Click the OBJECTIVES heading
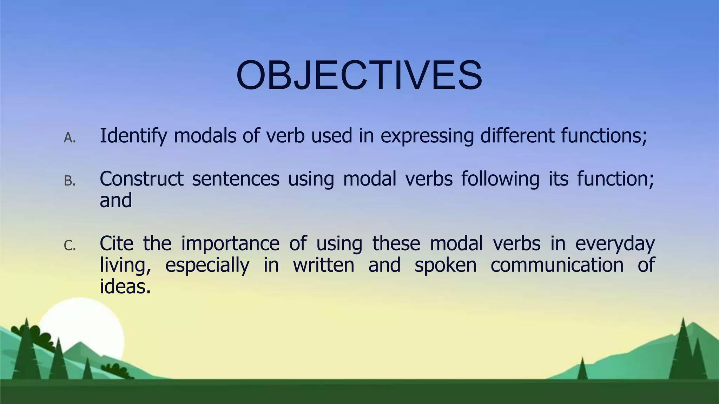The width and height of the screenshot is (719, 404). pos(359,76)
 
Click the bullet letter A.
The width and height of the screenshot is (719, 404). pos(70,138)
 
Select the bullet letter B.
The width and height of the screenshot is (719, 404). pos(70,181)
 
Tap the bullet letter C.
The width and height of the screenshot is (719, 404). pos(70,246)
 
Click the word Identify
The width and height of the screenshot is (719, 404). pos(133,136)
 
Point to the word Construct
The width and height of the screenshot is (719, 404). pos(141,179)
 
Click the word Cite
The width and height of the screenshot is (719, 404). pos(116,243)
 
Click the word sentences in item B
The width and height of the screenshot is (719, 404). pos(236,179)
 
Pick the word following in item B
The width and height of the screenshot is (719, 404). pos(500,180)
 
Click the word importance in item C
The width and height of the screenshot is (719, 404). pos(230,243)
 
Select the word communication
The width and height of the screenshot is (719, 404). pos(557,265)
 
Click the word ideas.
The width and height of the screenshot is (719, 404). pos(125,287)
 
